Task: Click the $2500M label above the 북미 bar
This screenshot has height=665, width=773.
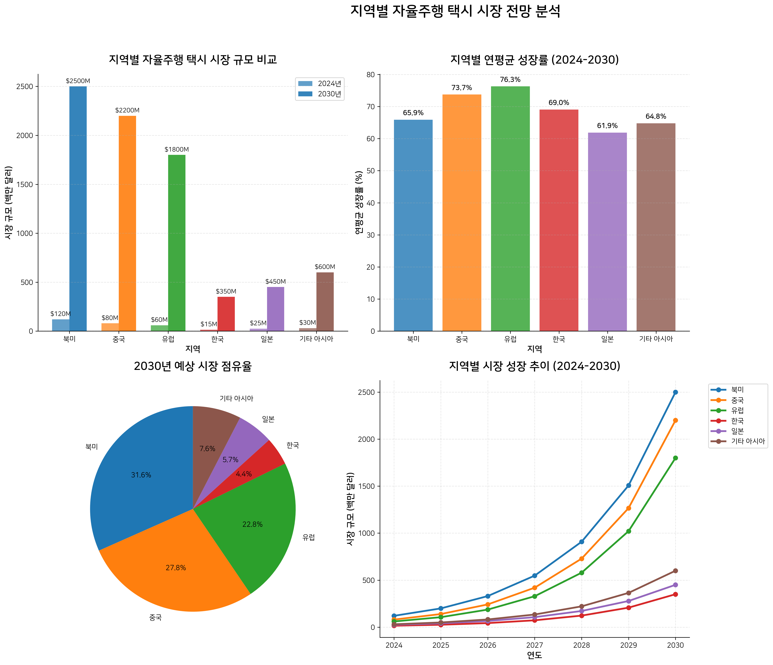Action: [78, 81]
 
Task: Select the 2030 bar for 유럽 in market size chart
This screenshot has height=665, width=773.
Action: [177, 242]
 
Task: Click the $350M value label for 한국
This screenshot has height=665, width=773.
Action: [226, 291]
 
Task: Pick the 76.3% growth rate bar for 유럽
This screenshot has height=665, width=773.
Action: [510, 209]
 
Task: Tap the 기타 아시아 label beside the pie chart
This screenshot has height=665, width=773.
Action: [236, 398]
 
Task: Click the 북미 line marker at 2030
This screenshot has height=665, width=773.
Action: [675, 392]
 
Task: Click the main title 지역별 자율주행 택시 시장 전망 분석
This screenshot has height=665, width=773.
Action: [455, 11]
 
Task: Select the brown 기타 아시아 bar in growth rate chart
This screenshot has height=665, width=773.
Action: [655, 227]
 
